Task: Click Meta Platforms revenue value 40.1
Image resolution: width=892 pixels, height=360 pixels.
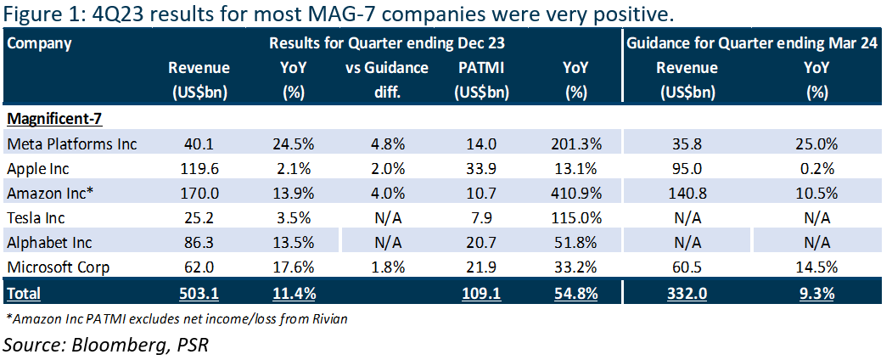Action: (x=199, y=144)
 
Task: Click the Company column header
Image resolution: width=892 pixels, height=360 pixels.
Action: (x=39, y=43)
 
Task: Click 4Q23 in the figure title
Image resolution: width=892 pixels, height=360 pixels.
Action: (x=118, y=14)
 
